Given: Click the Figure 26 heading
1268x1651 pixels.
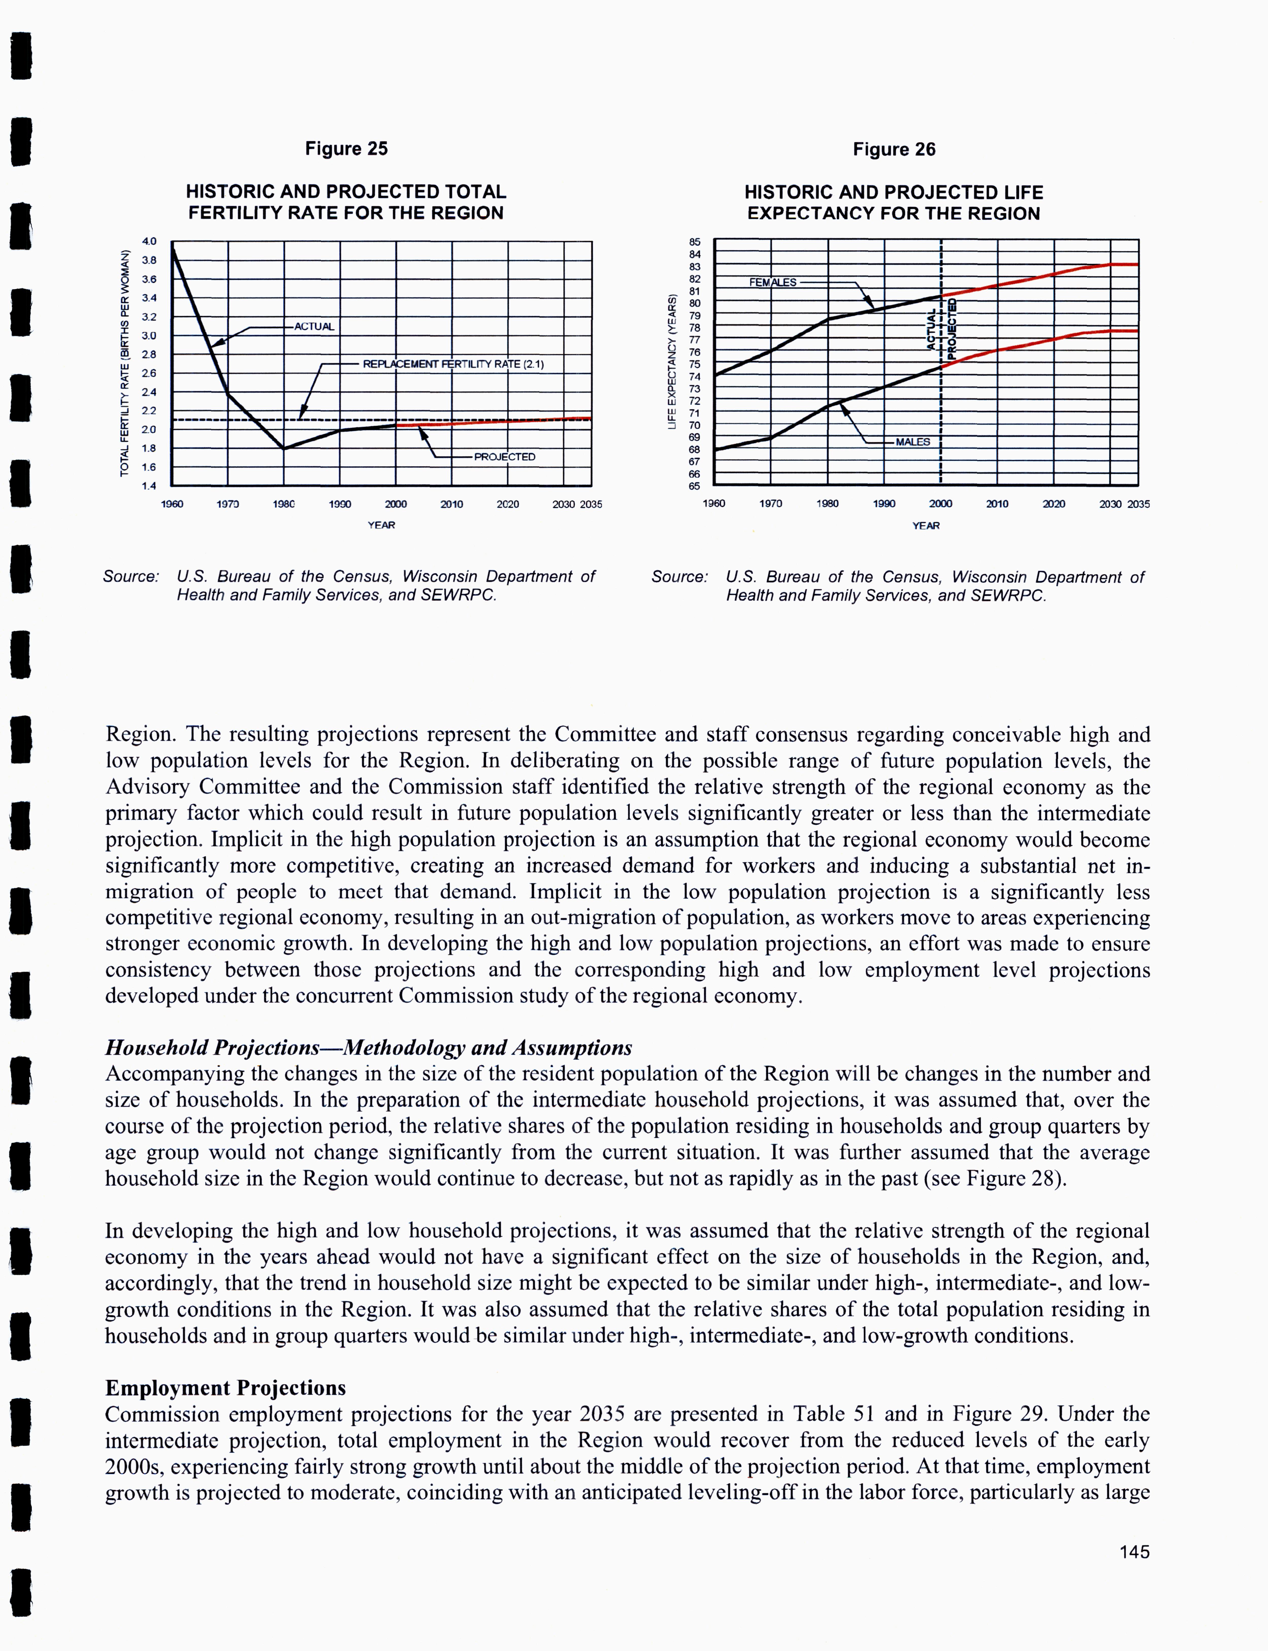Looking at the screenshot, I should pyautogui.click(x=894, y=150).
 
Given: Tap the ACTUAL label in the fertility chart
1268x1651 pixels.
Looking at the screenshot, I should pyautogui.click(x=314, y=327).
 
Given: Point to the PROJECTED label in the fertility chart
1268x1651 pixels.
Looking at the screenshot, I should pyautogui.click(x=504, y=457).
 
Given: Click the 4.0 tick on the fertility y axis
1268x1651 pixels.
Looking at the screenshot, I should pyautogui.click(x=149, y=241).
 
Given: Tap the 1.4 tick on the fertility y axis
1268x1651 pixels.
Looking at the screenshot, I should pyautogui.click(x=149, y=486).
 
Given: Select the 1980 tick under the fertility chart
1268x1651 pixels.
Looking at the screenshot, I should pyautogui.click(x=284, y=504).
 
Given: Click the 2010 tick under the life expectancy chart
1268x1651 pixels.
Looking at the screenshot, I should pyautogui.click(x=997, y=504).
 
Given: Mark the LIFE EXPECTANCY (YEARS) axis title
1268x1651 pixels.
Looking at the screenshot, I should pyautogui.click(x=671, y=362).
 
